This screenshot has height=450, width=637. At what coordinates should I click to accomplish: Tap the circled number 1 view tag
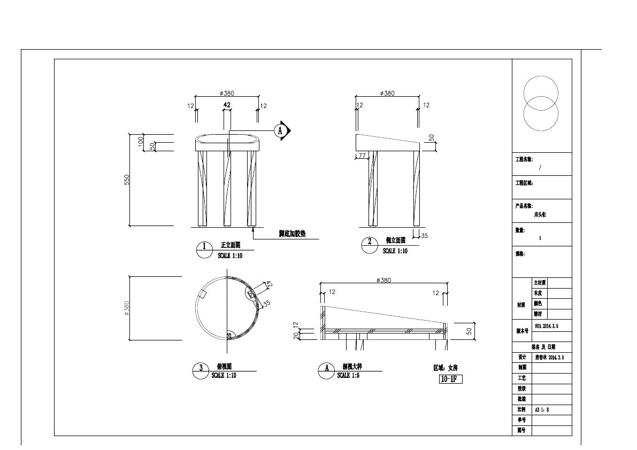204,247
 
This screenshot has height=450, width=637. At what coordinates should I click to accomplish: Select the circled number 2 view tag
369,242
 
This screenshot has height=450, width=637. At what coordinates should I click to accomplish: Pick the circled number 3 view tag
201,368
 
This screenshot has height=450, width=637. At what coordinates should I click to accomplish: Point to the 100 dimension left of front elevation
141,142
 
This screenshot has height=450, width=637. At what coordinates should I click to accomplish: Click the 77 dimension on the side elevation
362,156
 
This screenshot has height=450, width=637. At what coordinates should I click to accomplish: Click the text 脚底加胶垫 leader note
292,234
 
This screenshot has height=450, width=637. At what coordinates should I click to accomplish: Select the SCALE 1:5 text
350,376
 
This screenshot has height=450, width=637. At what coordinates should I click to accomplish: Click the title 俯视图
224,367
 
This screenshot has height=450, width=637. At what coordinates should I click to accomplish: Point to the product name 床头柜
540,214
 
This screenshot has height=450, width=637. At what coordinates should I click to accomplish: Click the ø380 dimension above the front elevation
227,93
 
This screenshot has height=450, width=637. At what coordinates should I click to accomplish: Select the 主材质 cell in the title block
540,283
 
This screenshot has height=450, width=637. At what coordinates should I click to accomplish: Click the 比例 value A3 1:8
542,410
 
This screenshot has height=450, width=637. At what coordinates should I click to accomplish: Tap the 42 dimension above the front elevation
227,105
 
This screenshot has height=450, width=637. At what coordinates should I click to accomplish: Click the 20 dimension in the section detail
295,335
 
